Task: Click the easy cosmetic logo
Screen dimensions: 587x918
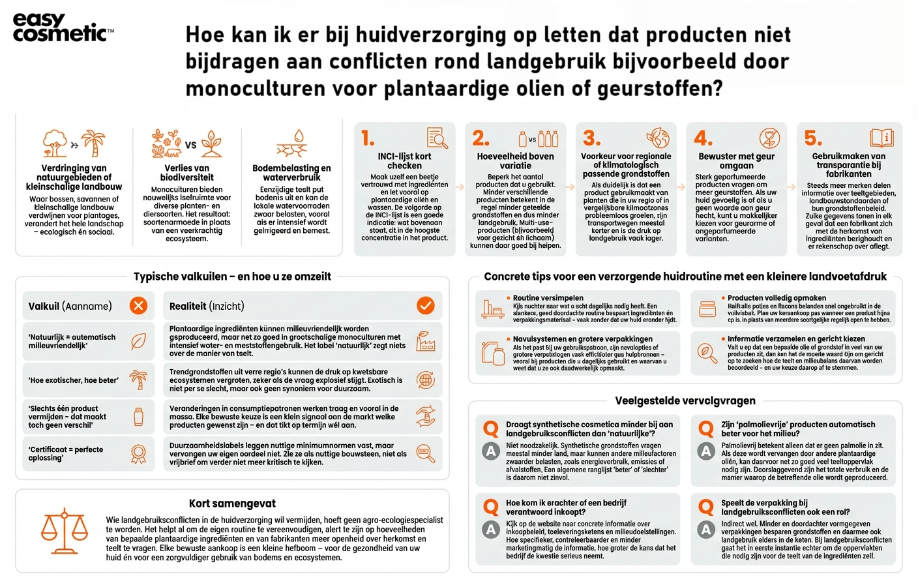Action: (62, 28)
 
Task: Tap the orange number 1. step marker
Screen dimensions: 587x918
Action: (368, 138)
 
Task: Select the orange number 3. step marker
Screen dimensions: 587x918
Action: (591, 138)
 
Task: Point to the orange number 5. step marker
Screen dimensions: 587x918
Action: (813, 138)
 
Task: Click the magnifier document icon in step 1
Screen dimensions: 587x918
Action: (437, 138)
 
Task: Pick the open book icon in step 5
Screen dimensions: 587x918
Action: (881, 138)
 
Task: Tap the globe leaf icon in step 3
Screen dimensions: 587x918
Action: (658, 138)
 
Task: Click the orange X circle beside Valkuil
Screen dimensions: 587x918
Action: (138, 305)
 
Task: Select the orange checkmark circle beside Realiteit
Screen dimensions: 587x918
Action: (426, 305)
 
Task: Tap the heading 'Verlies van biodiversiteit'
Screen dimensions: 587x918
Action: (186, 172)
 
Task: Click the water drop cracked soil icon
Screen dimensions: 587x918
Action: (292, 144)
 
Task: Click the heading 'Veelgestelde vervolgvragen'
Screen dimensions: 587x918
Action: (685, 400)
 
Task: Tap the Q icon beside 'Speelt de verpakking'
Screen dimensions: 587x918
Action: (706, 507)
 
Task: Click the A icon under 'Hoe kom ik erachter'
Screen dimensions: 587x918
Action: (491, 530)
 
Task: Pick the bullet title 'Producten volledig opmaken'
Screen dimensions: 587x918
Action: (777, 298)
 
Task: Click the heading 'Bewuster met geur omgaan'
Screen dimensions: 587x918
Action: (737, 161)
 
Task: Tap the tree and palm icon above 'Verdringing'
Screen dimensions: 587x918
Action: (74, 143)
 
